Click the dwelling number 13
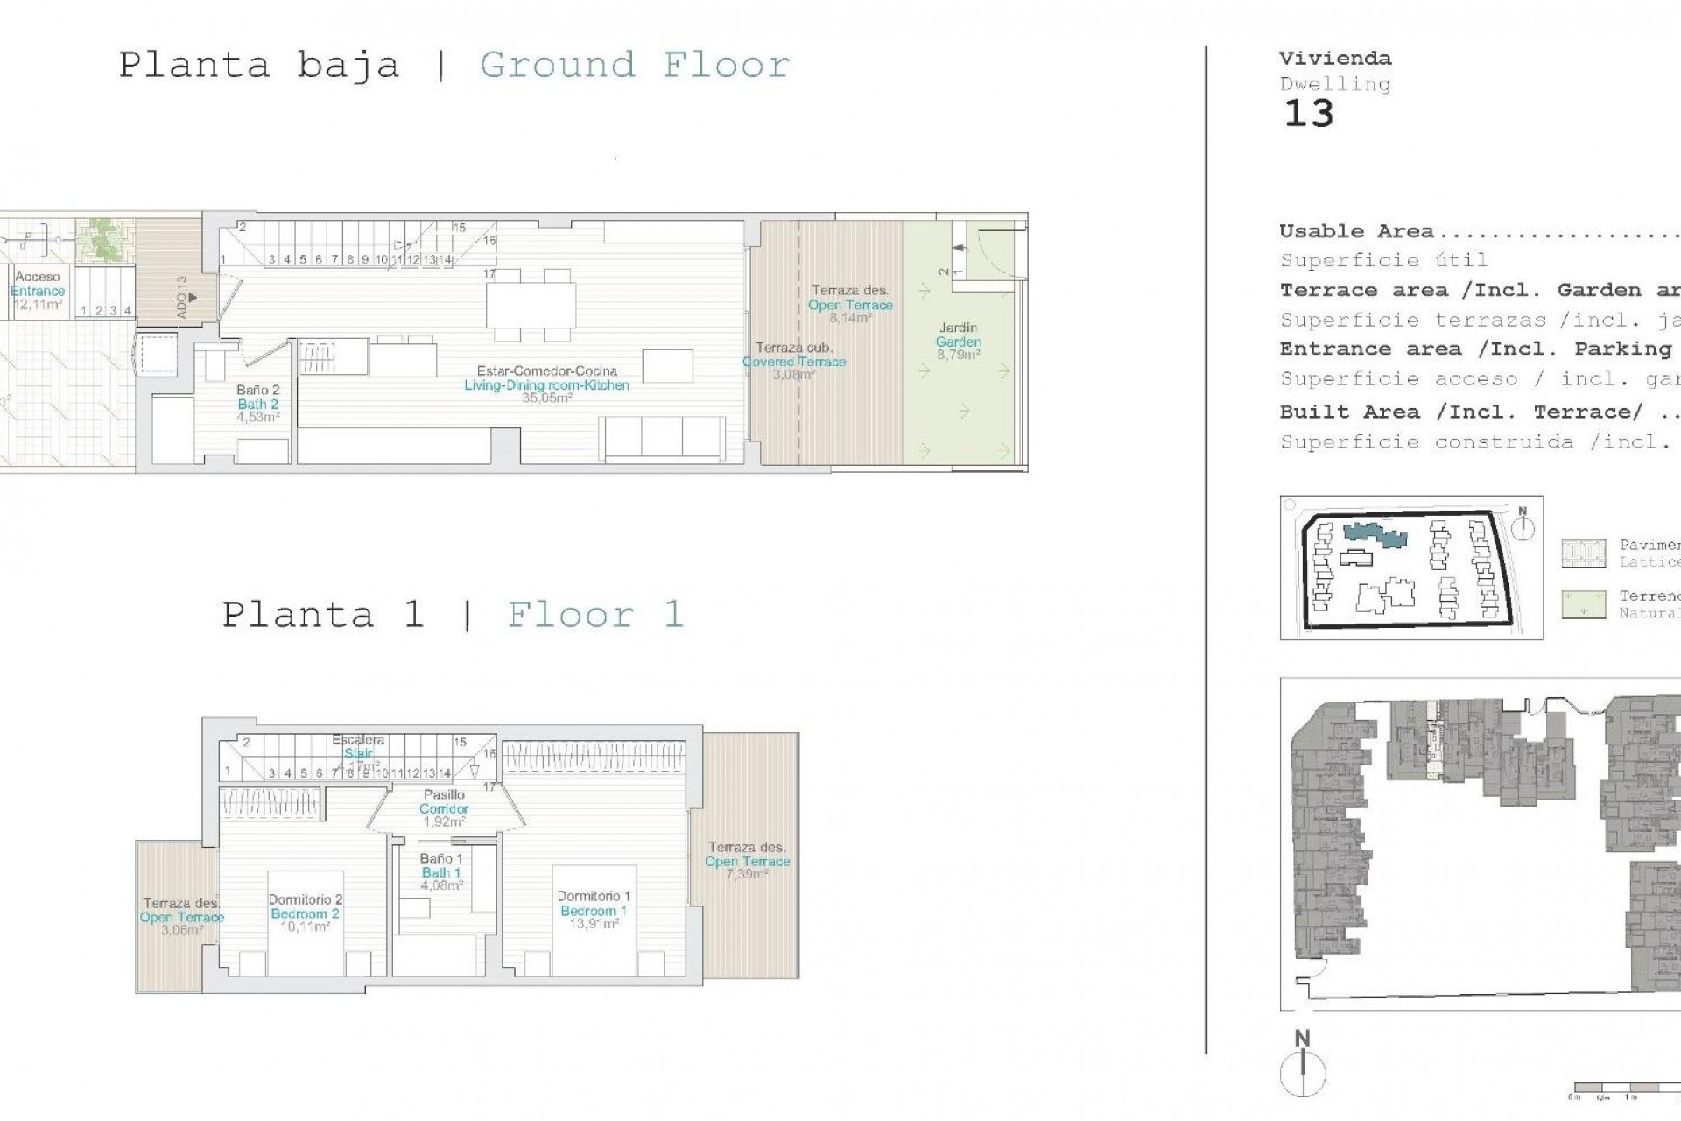[x=1308, y=114]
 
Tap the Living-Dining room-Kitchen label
[x=546, y=384]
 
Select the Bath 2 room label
[x=257, y=404]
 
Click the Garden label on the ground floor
[x=958, y=342]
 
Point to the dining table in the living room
[x=531, y=305]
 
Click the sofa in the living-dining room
[x=663, y=436]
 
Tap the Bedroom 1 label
[x=593, y=910]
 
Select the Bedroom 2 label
[x=305, y=913]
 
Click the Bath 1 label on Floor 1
[x=441, y=872]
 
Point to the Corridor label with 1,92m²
[x=443, y=808]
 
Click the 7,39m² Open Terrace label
[x=747, y=861]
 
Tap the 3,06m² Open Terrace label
[x=182, y=917]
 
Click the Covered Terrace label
[x=794, y=361]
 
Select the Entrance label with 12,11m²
[x=38, y=291]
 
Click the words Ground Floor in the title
[x=635, y=65]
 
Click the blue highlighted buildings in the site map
[x=1375, y=534]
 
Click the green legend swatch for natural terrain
[x=1583, y=604]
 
